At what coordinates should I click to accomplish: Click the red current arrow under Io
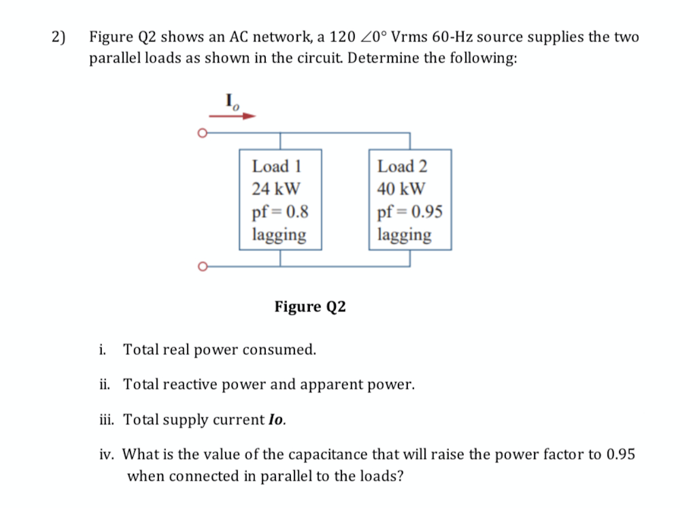click(232, 116)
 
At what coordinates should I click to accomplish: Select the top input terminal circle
click(202, 133)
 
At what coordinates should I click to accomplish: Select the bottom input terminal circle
click(202, 267)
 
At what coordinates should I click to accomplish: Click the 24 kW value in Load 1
click(276, 189)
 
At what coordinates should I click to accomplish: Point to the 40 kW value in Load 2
click(401, 189)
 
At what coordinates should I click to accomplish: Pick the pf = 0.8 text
click(280, 212)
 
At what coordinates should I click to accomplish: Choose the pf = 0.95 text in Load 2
click(410, 212)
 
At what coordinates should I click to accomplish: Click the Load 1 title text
click(277, 166)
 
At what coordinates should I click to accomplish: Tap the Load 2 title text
click(402, 166)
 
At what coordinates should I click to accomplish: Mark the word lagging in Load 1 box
click(279, 234)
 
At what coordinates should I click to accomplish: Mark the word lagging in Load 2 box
click(404, 234)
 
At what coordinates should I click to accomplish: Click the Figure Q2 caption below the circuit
click(310, 306)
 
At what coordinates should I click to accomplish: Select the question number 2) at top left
click(59, 37)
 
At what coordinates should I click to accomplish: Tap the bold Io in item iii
click(276, 419)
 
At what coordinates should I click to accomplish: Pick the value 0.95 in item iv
click(621, 454)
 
